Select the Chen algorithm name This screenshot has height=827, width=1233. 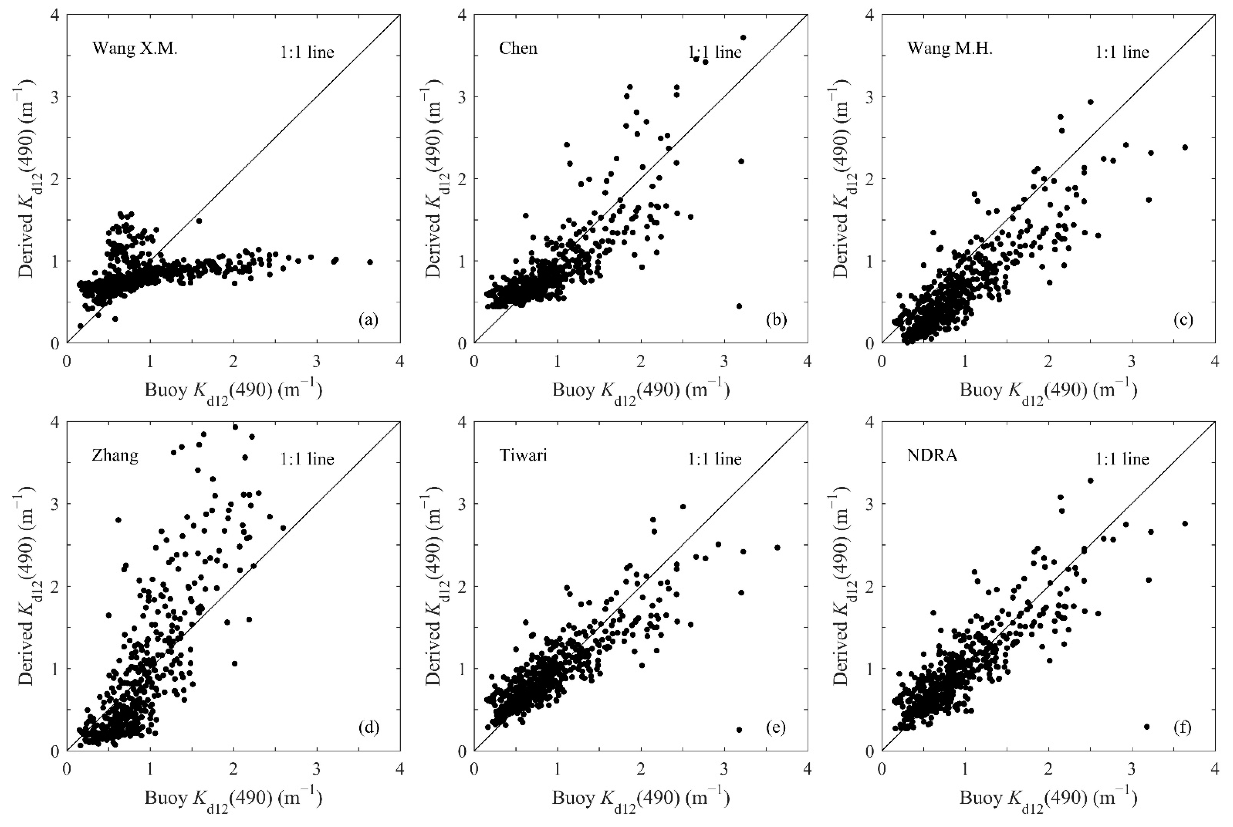518,49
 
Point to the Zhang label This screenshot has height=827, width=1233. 115,455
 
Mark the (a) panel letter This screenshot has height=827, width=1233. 368,320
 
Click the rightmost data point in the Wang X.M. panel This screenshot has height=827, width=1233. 370,262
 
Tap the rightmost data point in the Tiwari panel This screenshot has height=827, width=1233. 777,547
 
